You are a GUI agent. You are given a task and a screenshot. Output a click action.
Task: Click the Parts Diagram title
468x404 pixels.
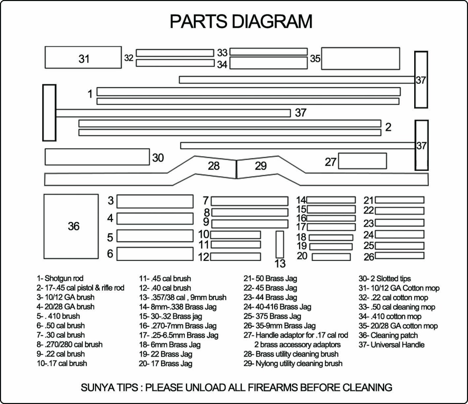point(241,21)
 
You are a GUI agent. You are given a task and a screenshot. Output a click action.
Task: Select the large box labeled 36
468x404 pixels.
point(73,227)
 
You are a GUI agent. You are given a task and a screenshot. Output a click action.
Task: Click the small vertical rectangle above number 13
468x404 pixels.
point(280,243)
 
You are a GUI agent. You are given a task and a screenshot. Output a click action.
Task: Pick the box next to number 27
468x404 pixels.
point(362,161)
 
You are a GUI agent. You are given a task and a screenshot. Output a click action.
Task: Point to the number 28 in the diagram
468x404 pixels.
point(213,166)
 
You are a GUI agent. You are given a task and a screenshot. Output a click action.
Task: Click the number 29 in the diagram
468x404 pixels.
point(261,166)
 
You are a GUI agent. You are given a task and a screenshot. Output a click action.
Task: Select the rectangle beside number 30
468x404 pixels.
point(97,157)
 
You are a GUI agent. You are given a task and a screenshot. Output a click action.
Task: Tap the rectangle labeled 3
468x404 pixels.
point(155,201)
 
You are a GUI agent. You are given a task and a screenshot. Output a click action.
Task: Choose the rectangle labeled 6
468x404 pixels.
point(155,254)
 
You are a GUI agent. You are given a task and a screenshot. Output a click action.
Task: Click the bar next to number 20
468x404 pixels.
point(331,257)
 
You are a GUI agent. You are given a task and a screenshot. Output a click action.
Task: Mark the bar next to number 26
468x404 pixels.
point(399,256)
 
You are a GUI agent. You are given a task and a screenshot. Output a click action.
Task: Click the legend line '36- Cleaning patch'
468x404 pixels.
point(388,335)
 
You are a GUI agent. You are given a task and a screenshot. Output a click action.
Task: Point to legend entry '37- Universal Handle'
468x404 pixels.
point(392,345)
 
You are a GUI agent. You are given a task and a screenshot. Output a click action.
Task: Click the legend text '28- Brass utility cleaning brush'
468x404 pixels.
point(291,354)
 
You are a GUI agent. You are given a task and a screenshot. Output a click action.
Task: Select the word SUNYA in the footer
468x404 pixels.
point(97,388)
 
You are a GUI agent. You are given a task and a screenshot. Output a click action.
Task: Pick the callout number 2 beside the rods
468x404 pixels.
point(388,127)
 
